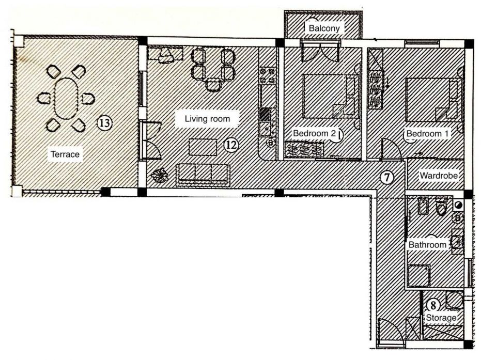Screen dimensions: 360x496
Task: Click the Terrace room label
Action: coord(65,154)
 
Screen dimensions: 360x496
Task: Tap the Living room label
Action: coord(207,119)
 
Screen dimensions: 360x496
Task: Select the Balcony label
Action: coord(324,28)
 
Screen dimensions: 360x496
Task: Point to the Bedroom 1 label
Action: coord(427,134)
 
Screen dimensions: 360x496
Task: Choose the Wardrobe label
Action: coord(438,176)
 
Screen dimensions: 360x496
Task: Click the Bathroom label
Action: coord(427,245)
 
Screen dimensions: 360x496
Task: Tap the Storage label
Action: coord(441,318)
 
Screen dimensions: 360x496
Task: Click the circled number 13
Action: coord(104,123)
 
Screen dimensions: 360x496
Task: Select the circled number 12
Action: coord(231,145)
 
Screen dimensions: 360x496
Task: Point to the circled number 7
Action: coord(386,177)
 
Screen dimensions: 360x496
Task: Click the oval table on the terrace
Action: coord(65,98)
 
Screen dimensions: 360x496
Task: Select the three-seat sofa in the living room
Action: coord(204,175)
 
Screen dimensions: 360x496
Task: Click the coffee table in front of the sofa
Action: coord(203,147)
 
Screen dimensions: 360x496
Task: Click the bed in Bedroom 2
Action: coord(330,96)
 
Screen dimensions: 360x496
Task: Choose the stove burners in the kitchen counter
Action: coord(267,76)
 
